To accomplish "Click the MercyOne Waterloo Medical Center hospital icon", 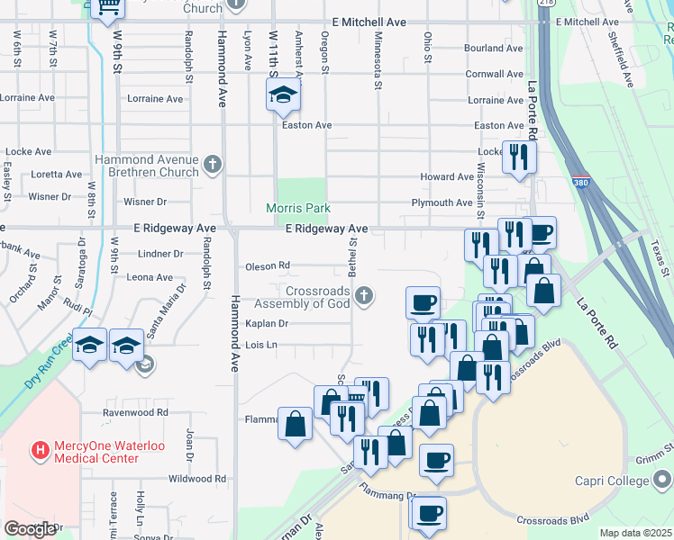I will (40, 448).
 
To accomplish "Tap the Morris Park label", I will (298, 208).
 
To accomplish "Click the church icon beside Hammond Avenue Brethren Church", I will (212, 164).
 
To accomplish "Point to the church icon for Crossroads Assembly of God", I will (363, 295).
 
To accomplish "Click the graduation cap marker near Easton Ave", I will (284, 96).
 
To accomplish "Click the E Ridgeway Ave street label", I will (327, 229).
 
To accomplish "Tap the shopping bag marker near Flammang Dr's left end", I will (296, 423).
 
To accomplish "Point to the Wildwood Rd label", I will (196, 479).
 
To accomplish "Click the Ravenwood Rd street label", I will (135, 412).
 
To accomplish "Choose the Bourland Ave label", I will (493, 48).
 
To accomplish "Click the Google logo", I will (30, 529).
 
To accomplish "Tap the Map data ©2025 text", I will (635, 533).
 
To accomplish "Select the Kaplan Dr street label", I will (266, 323).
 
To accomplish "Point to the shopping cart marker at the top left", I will (107, 7).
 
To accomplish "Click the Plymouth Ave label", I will (442, 203).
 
